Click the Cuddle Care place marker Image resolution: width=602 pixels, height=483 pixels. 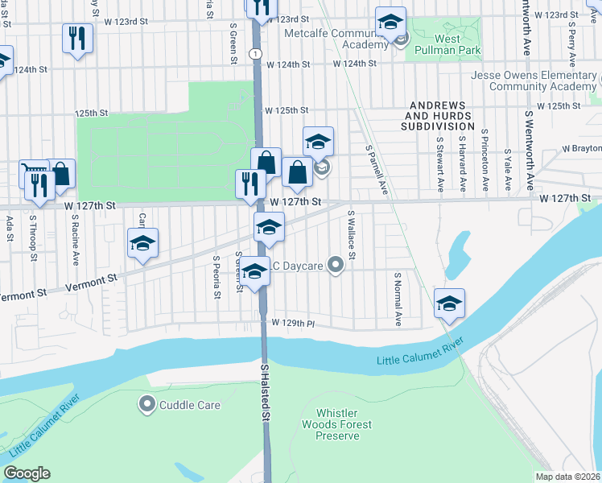146,405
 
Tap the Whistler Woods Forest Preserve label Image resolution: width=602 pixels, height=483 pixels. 336,423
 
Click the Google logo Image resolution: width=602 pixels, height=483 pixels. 27,473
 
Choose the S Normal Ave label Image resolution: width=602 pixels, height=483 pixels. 398,298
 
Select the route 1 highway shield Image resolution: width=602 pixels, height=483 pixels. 254,53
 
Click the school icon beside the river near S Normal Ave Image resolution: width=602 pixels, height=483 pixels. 450,303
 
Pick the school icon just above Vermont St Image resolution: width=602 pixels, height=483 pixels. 142,243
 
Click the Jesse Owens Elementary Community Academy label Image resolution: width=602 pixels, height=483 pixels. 531,81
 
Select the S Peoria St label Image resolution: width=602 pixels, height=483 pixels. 216,277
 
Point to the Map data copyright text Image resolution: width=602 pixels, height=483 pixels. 568,477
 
